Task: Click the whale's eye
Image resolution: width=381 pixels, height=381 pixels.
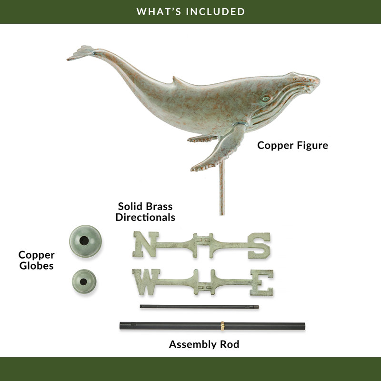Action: coord(266,99)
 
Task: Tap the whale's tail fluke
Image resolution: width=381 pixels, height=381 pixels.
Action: coord(81,53)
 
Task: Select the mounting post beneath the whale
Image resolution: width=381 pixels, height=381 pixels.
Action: coord(222,187)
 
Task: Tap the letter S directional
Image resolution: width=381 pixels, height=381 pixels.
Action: coord(259,245)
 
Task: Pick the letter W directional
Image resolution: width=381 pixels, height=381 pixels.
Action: coord(146,282)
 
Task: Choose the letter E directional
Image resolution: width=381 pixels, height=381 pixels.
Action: coord(262,282)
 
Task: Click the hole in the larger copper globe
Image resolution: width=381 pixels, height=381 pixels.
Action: coord(84,241)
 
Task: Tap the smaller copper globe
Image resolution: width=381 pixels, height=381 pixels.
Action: coord(84,281)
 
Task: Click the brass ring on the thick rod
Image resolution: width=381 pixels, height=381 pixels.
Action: coord(222,326)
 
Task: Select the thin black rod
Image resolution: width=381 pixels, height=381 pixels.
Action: coord(199,307)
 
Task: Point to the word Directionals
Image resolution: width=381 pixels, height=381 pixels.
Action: coord(145,218)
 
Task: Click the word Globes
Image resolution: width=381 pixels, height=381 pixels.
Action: coord(37,266)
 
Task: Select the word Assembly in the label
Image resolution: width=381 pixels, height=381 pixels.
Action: coord(193,344)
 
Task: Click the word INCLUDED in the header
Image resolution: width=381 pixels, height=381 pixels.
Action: coord(216,11)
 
